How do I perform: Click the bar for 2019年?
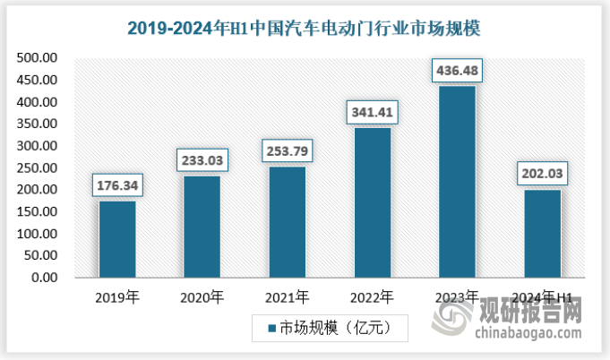tap(117, 239)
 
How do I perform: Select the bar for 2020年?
tap(202, 227)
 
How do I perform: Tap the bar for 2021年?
tap(287, 222)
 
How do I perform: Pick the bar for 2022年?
tap(372, 202)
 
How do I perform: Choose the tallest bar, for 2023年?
tap(457, 182)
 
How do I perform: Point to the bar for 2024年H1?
tap(542, 234)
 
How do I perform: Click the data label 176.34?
tap(117, 186)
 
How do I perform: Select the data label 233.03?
tap(202, 161)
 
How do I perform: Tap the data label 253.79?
tap(287, 152)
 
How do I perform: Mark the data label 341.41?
tap(372, 113)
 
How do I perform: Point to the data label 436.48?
tap(457, 70)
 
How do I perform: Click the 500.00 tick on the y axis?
tap(38, 58)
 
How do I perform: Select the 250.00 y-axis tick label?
tap(38, 168)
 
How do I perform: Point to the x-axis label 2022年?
tap(372, 296)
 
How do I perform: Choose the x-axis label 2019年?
tap(117, 296)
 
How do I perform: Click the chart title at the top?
tap(305, 28)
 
